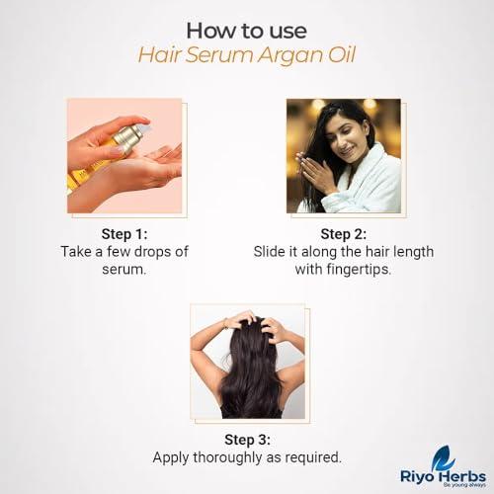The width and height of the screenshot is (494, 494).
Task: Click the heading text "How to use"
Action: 247,31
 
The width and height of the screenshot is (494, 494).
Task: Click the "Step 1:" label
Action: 124,234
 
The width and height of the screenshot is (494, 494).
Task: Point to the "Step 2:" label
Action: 344,234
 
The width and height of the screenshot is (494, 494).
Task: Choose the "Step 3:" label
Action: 247,440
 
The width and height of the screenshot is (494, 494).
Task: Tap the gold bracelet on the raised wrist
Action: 225,323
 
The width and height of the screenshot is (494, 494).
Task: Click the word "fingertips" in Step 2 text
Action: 359,270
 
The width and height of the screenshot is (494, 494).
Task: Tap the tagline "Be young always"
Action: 464,485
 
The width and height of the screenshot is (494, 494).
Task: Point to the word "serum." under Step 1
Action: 123,270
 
